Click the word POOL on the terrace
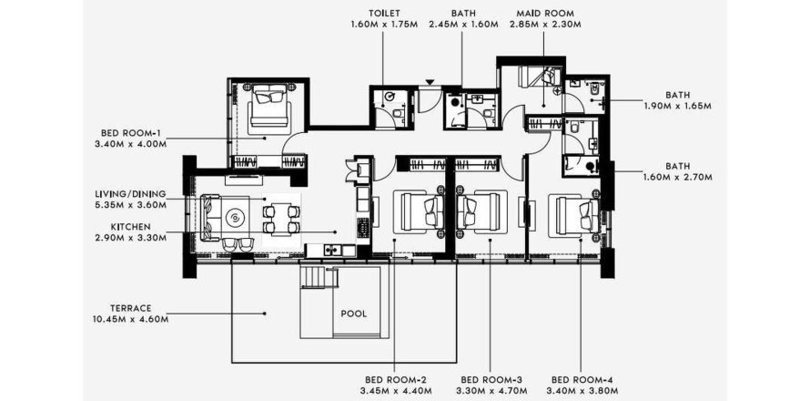click(353, 314)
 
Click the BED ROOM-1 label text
click(127, 132)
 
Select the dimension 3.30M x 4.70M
click(490, 390)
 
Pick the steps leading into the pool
click(313, 276)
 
